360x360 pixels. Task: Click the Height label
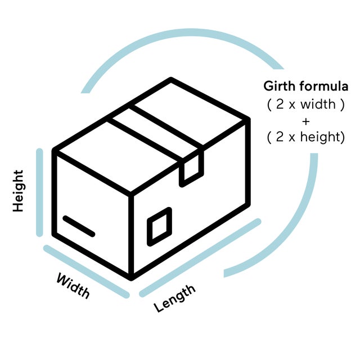click(x=19, y=191)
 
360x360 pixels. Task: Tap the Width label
click(x=73, y=285)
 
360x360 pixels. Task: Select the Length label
click(x=175, y=298)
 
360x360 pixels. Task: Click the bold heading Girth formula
click(x=306, y=87)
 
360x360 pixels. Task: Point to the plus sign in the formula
click(x=305, y=120)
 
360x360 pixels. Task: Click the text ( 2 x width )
click(x=305, y=104)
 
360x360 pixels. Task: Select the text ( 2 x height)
click(x=305, y=137)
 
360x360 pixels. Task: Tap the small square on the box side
click(x=159, y=227)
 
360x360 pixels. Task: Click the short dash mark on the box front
click(x=79, y=225)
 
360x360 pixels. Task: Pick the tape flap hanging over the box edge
click(x=191, y=168)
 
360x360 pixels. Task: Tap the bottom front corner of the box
click(x=131, y=276)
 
